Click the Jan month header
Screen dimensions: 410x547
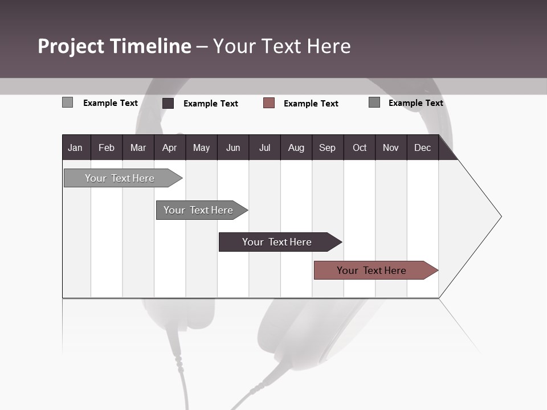click(75, 147)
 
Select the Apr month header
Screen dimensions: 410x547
click(169, 147)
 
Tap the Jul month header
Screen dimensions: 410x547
click(264, 147)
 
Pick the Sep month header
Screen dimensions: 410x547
click(327, 147)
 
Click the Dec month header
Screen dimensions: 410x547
click(422, 147)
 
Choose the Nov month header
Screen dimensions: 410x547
click(390, 147)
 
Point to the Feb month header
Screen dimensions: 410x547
click(106, 147)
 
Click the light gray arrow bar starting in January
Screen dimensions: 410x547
click(120, 178)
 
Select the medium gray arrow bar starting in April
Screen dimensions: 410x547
click(198, 210)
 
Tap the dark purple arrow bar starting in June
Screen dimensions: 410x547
click(277, 242)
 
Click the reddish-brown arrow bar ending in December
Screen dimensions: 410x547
click(372, 270)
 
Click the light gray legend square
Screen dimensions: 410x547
click(67, 102)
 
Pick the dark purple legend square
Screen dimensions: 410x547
click(168, 103)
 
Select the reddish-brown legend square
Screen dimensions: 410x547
click(269, 103)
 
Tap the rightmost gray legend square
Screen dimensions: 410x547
click(374, 102)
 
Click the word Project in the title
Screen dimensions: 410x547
click(72, 46)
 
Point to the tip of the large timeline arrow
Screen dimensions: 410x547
click(500, 216)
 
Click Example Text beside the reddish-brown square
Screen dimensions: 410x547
click(311, 104)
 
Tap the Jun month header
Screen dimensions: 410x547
click(232, 147)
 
